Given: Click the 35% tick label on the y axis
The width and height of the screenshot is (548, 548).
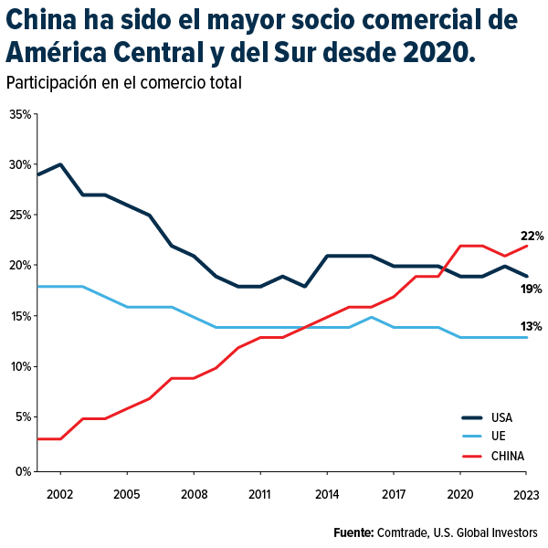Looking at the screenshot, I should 20,114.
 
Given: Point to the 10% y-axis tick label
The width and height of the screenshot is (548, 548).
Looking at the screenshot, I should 20,366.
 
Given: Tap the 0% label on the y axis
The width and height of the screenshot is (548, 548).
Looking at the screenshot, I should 23,471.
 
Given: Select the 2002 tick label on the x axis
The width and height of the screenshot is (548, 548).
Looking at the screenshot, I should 60,494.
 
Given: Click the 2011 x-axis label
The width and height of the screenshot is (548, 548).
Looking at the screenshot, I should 260,494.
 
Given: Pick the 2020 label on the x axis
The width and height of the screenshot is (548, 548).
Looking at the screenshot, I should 460,494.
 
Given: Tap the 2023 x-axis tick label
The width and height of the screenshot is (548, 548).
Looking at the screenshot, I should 525,494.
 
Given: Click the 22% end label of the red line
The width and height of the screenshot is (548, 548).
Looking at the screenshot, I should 532,236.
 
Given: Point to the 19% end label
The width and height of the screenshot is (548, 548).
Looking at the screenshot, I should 532,289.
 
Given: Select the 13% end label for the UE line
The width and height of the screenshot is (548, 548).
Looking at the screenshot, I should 532,326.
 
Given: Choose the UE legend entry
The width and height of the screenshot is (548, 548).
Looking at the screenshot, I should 497,437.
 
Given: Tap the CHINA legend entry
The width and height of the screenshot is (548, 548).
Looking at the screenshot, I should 507,456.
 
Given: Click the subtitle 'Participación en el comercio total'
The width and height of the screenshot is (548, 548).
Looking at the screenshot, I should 123,83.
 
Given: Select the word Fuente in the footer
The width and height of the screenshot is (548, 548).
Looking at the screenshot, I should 353,532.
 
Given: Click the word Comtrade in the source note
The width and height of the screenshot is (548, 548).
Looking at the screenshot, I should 402,532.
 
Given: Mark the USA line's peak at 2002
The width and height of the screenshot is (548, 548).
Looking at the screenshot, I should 60,164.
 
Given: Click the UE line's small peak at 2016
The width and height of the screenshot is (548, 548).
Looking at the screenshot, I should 371,317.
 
